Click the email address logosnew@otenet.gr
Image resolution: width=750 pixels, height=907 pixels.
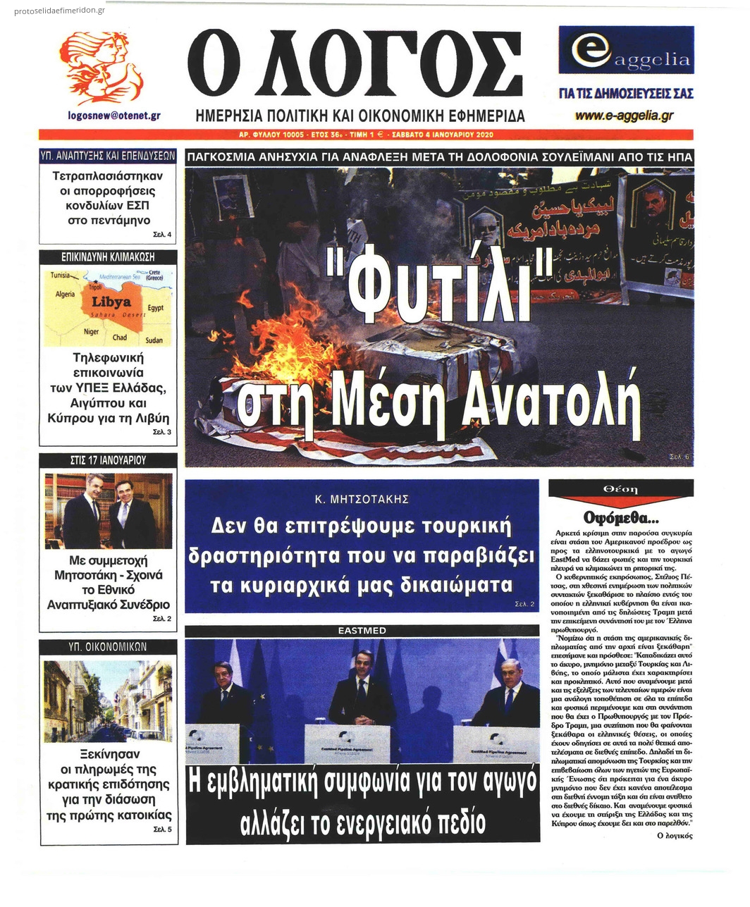coord(114,115)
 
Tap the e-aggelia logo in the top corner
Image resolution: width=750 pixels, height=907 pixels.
coord(626,54)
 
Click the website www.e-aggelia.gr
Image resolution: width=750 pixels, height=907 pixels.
coord(624,116)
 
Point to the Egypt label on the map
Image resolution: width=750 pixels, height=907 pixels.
coord(155,308)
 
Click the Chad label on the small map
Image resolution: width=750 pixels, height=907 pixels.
coord(120,338)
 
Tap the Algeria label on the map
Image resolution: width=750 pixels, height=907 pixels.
coord(65,294)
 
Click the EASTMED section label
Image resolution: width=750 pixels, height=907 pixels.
coord(362,630)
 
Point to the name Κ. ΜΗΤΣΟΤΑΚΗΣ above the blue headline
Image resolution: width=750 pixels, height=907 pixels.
coord(362,499)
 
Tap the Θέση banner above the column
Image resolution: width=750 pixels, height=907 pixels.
coord(620,489)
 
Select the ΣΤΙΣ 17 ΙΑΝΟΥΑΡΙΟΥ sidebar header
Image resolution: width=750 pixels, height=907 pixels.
coord(108,459)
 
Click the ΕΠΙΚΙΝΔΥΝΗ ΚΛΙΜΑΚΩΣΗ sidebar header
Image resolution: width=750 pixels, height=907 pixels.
coord(108,257)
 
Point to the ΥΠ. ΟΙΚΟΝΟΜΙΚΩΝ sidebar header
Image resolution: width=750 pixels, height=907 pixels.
coord(108,646)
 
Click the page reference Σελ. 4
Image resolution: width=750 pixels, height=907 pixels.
coord(161,235)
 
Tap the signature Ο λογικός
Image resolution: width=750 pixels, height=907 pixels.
coord(674,835)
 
